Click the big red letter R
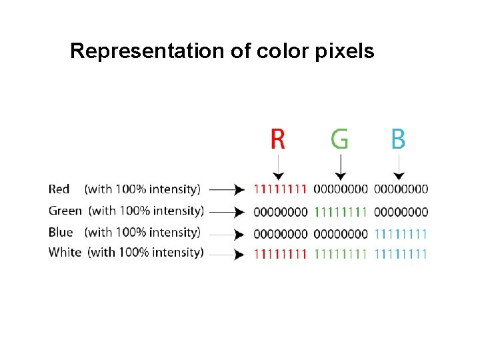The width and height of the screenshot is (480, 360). [x=277, y=139]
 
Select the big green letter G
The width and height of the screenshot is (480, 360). [x=339, y=139]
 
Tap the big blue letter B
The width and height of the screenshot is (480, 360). [x=398, y=139]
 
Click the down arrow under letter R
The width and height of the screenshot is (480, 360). [x=278, y=167]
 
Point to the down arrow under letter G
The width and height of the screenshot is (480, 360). [x=340, y=167]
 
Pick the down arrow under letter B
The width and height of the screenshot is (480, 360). [x=399, y=167]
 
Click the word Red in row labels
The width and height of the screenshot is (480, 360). [x=59, y=189]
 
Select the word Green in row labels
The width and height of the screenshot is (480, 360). [x=65, y=211]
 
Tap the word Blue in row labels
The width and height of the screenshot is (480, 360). [x=61, y=232]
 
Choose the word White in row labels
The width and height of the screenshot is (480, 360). [x=65, y=252]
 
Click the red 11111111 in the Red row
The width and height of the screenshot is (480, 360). [x=280, y=189]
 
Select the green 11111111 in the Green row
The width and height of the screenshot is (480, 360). [x=340, y=212]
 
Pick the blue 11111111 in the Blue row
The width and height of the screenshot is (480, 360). [x=401, y=234]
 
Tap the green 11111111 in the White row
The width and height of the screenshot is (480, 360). [x=340, y=253]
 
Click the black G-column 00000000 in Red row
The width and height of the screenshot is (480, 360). [x=340, y=189]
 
